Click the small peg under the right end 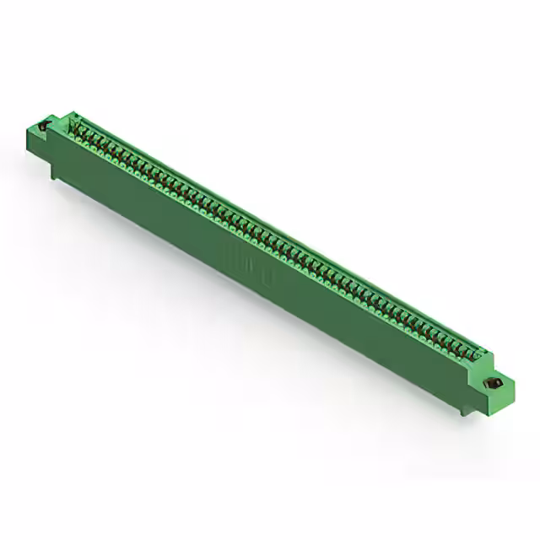(462, 411)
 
